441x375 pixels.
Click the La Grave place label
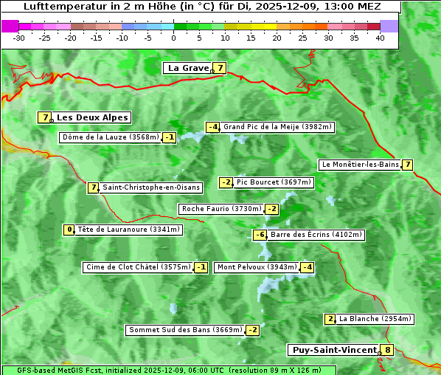(188, 68)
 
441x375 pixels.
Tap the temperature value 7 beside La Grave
(220, 68)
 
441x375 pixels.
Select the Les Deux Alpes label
(92, 117)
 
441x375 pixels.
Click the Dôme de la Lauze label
(111, 137)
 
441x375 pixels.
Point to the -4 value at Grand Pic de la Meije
(212, 127)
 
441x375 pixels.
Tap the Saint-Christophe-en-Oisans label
(151, 187)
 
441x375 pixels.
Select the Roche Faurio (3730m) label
(221, 209)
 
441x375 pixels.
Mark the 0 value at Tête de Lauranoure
(69, 230)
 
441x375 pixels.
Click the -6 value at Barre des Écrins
(260, 235)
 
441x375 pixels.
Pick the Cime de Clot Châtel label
(138, 267)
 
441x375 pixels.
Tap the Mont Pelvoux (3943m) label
(257, 267)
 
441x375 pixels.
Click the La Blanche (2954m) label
(375, 319)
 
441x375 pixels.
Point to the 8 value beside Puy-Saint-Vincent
(388, 350)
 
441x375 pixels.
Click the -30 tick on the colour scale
(19, 38)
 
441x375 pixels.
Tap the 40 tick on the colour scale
(380, 38)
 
